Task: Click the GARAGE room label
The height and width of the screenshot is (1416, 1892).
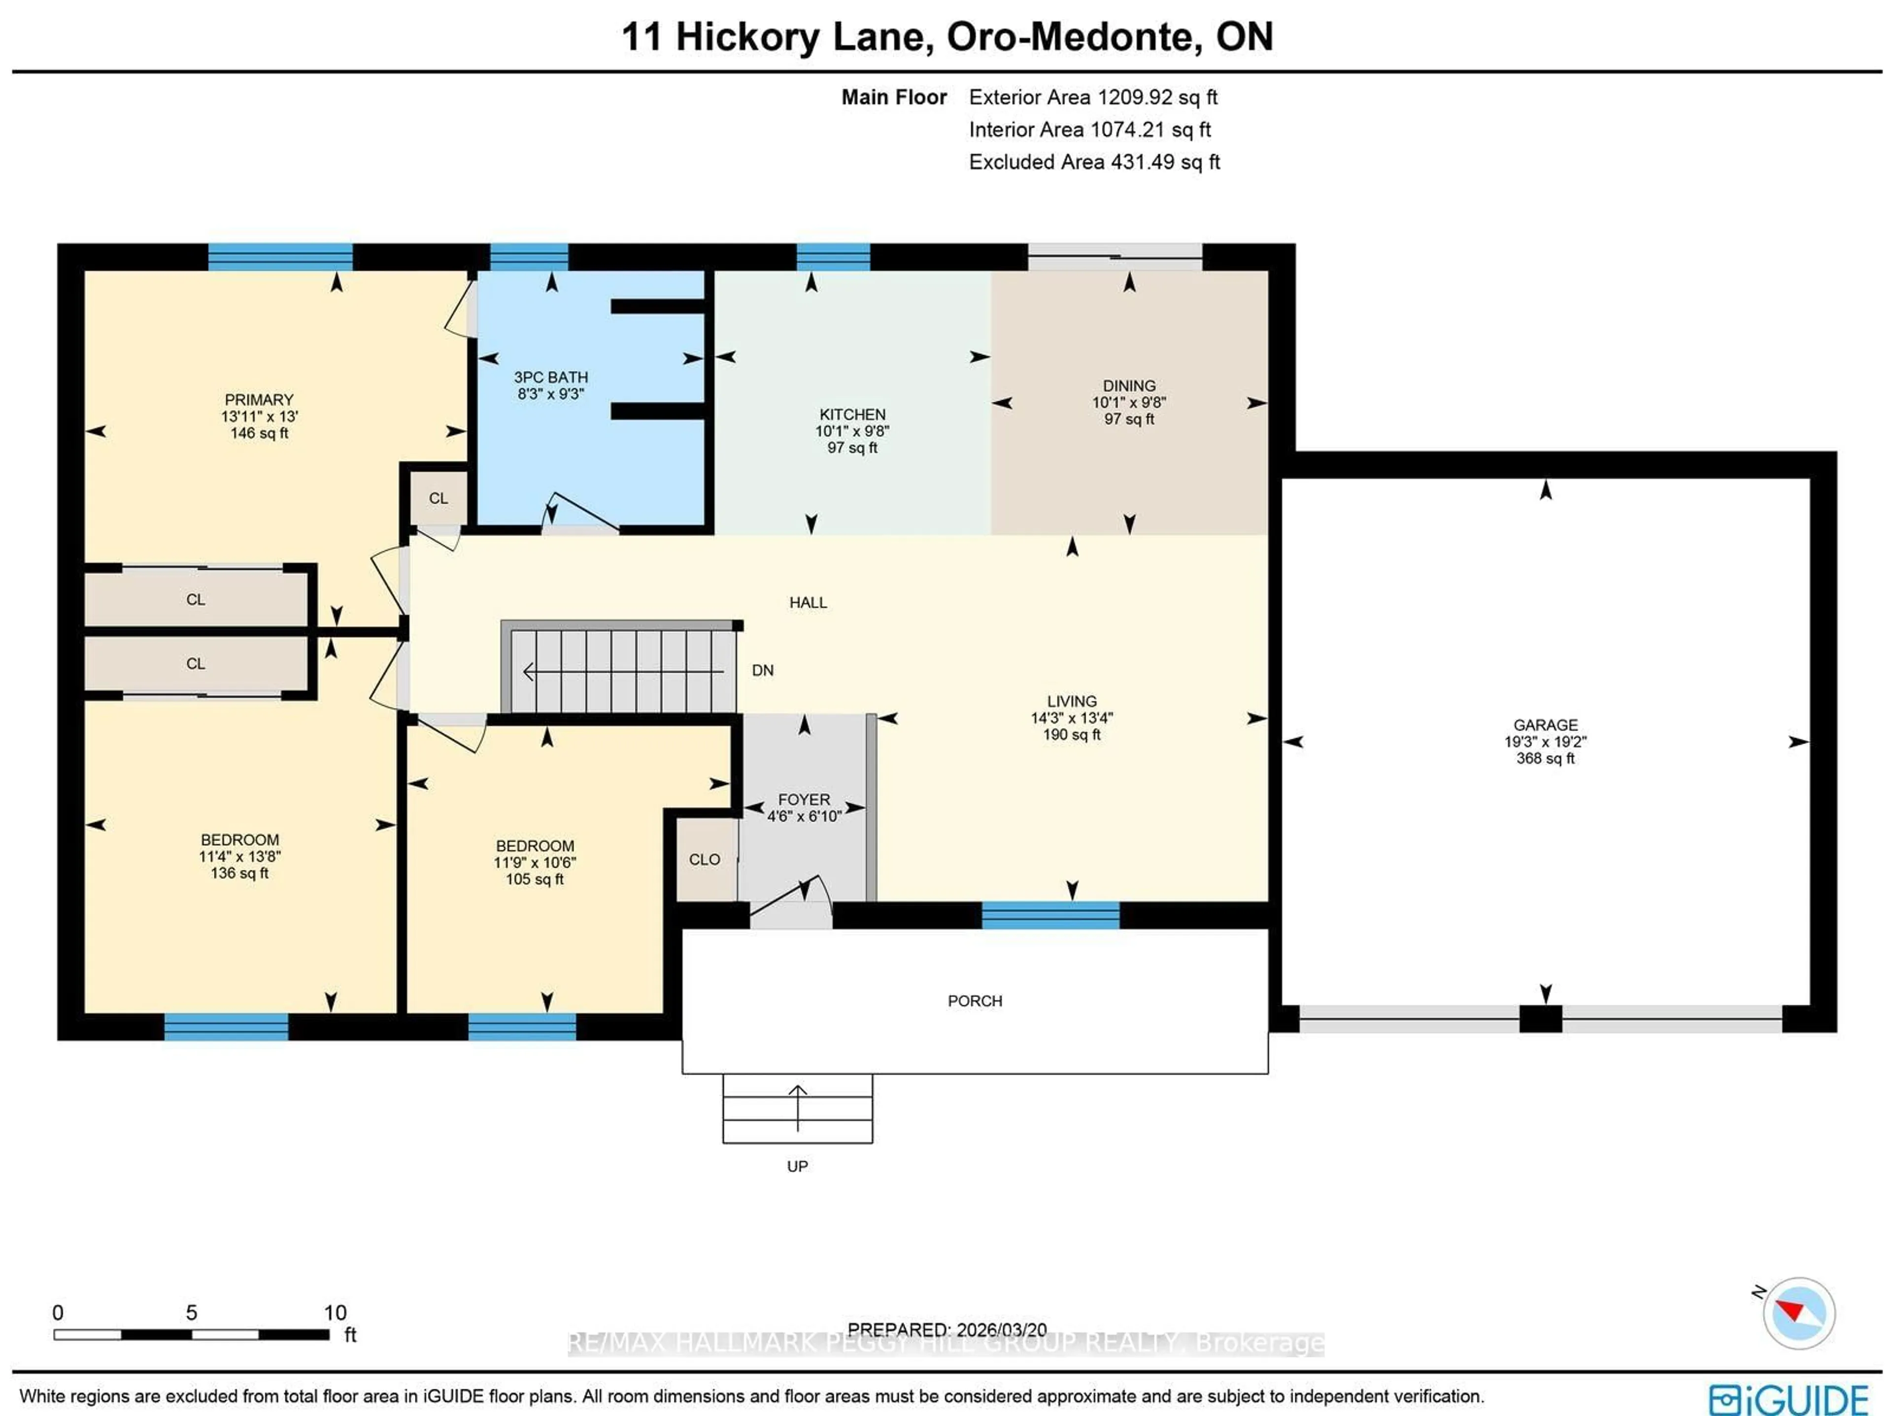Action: pyautogui.click(x=1545, y=724)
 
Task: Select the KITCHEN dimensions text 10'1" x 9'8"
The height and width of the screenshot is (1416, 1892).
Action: pyautogui.click(x=852, y=431)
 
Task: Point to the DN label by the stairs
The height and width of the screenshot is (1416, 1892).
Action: pyautogui.click(x=762, y=670)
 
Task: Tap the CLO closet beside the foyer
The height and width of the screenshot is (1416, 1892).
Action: pyautogui.click(x=705, y=859)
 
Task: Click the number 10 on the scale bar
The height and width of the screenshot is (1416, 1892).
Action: pyautogui.click(x=335, y=1313)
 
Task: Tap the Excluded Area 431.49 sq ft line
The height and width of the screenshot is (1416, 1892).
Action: pyautogui.click(x=1093, y=163)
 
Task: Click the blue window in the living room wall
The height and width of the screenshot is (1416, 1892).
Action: pyautogui.click(x=1050, y=915)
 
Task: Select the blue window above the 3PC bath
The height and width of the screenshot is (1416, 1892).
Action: pyautogui.click(x=529, y=257)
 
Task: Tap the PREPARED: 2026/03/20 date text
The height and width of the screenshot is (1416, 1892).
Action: pyautogui.click(x=947, y=1330)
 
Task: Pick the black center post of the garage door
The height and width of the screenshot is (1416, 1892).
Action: pyautogui.click(x=1541, y=1019)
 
